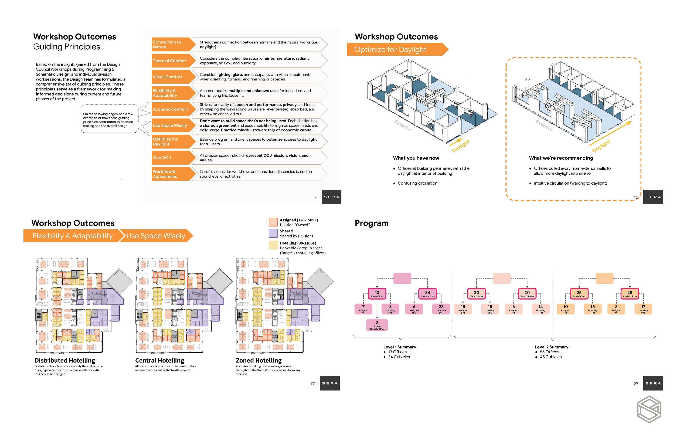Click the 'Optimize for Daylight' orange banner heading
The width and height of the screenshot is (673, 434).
[x=394, y=50]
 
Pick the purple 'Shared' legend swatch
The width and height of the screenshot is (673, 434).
[x=273, y=233]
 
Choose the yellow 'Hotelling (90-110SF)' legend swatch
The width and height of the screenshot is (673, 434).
[x=273, y=245]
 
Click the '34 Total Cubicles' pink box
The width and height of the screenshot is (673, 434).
[x=427, y=294]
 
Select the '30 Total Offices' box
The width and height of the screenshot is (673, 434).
[x=476, y=294]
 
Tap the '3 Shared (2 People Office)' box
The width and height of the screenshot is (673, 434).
[x=377, y=325]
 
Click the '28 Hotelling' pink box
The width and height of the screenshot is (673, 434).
[x=441, y=309]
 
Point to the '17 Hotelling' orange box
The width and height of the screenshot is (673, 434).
[x=643, y=309]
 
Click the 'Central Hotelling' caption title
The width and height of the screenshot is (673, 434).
[x=159, y=360]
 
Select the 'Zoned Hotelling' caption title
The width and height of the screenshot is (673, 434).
[x=259, y=360]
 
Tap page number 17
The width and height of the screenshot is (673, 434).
[x=312, y=384]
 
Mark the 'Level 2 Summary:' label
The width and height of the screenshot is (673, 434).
[x=552, y=347]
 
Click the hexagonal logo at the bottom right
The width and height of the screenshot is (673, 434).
[x=649, y=409]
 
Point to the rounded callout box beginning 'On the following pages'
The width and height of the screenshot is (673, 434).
[x=109, y=119]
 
